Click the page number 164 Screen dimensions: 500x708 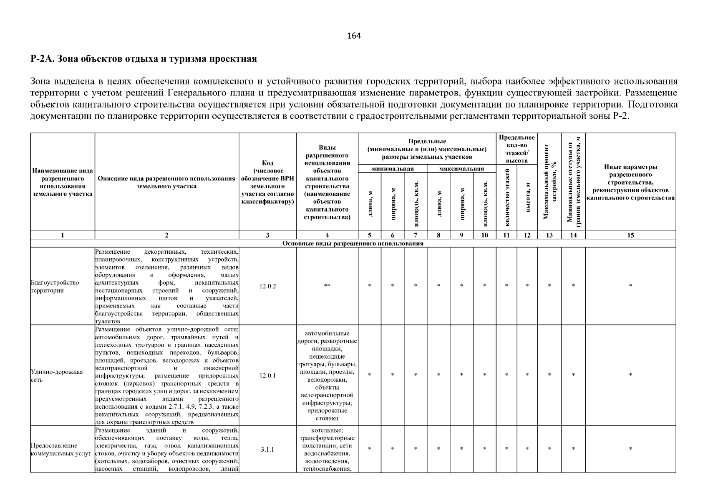[354, 36]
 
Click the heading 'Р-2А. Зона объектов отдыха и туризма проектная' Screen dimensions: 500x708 [144, 59]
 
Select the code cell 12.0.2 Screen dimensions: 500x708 [267, 286]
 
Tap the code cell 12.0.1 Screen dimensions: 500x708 [267, 375]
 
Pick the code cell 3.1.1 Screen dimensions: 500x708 [267, 450]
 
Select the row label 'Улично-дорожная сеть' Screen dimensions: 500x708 [57, 375]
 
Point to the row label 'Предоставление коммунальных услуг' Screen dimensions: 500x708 [61, 450]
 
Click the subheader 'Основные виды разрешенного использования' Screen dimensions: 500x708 [353, 243]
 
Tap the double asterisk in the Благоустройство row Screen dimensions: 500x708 [327, 286]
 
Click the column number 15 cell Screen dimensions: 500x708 [630, 235]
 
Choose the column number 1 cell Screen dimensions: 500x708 [63, 235]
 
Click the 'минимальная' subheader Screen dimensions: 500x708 [392, 169]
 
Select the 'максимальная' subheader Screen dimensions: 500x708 [461, 169]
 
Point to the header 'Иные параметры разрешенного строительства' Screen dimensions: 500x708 [630, 182]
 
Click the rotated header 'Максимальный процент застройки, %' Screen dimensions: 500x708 [549, 182]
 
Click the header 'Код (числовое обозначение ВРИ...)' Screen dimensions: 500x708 [267, 182]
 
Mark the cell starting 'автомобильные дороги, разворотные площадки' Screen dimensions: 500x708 [327, 375]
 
